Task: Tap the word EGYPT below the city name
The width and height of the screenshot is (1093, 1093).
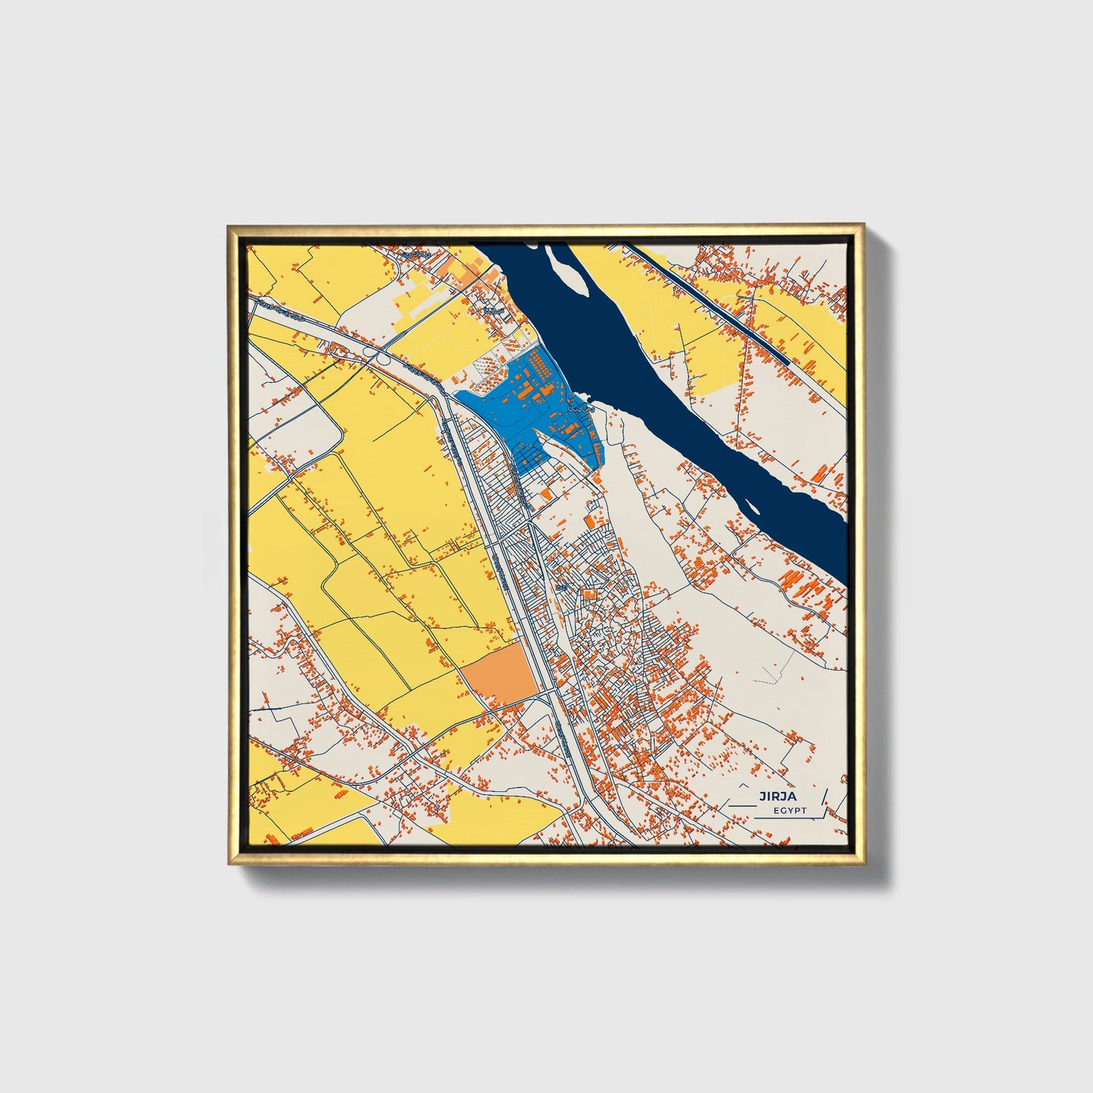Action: click(790, 811)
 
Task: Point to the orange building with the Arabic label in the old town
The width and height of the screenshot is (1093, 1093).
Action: click(560, 587)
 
